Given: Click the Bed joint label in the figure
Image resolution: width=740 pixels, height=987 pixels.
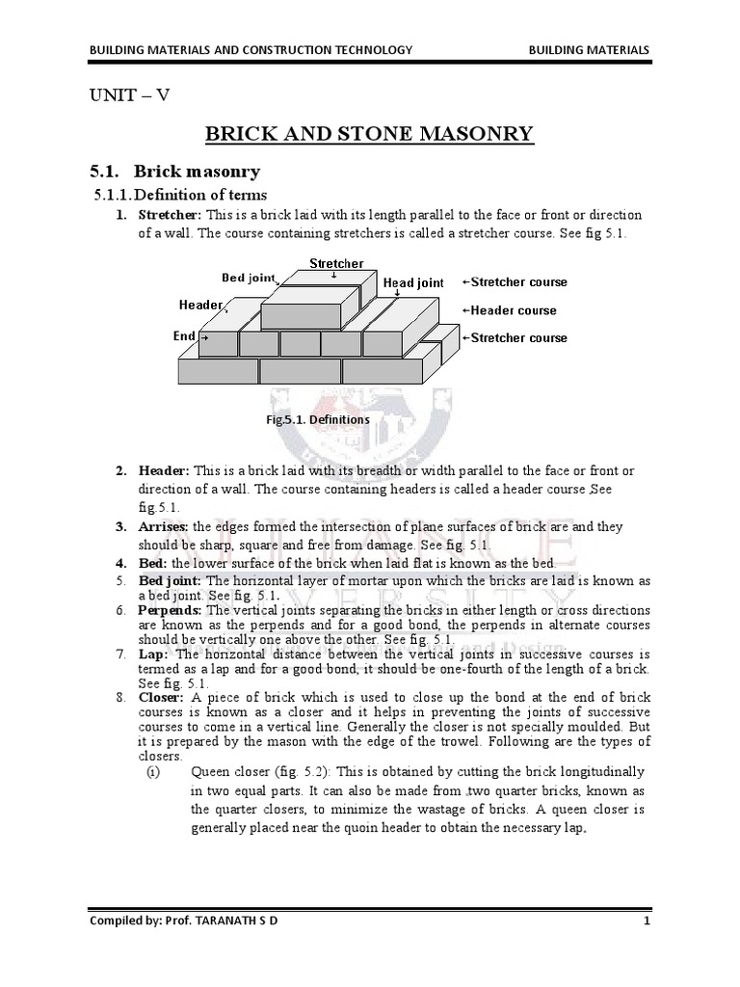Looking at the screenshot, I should click(x=248, y=278).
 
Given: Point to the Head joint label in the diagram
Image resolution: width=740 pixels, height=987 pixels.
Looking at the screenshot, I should click(x=413, y=283).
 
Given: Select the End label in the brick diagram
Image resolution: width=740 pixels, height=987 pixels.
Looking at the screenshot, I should click(x=184, y=336).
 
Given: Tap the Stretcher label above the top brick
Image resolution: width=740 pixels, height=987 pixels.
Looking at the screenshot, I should click(x=336, y=263).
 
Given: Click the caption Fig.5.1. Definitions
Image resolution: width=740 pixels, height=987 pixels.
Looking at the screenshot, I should click(x=318, y=420).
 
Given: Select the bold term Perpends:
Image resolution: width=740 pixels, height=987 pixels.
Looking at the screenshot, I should click(x=170, y=611).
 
